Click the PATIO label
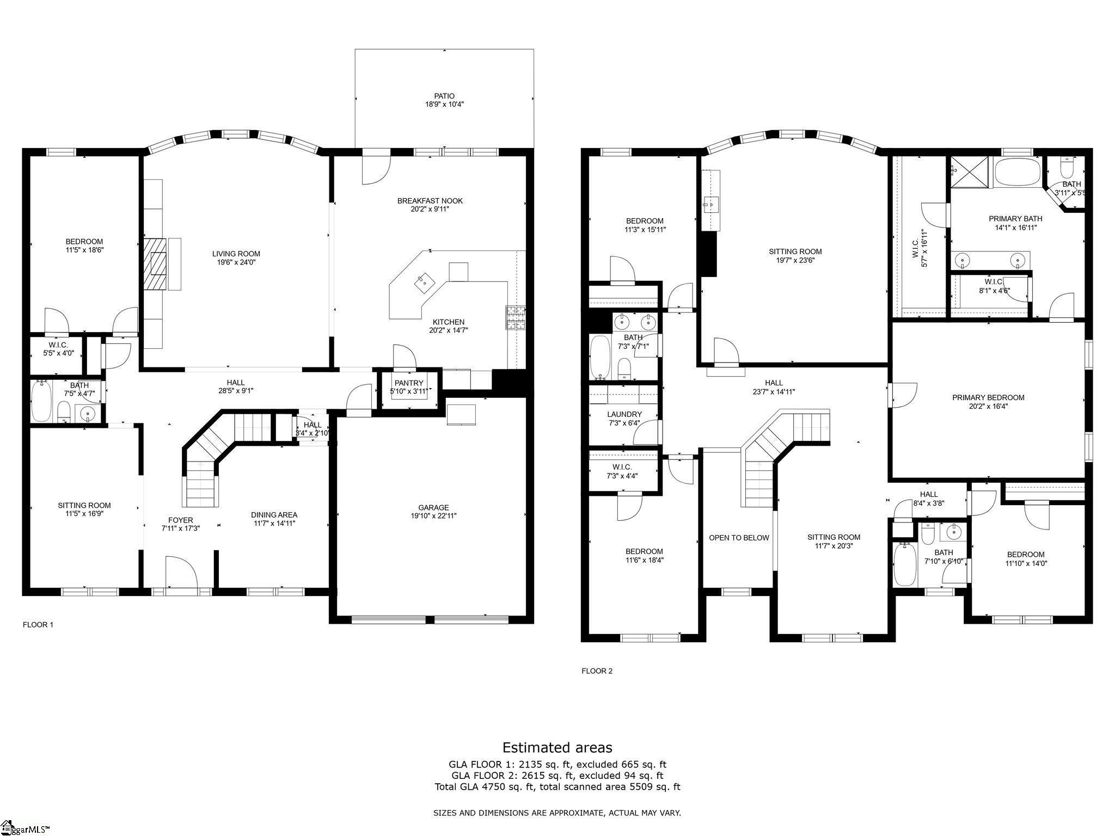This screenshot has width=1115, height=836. pyautogui.click(x=444, y=96)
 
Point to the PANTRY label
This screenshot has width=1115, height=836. pyautogui.click(x=409, y=383)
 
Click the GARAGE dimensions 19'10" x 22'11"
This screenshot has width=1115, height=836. pyautogui.click(x=433, y=515)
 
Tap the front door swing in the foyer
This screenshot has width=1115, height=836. pyautogui.click(x=180, y=571)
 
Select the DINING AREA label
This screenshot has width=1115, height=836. pyautogui.click(x=274, y=515)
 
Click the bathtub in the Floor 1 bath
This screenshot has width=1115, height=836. pyautogui.click(x=41, y=401)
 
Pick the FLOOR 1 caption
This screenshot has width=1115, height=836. pyautogui.click(x=38, y=625)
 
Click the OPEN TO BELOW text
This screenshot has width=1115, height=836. pyautogui.click(x=739, y=538)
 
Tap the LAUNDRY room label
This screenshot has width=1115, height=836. pyautogui.click(x=624, y=414)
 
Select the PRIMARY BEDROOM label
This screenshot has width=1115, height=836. pyautogui.click(x=988, y=397)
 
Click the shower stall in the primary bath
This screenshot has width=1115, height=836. pyautogui.click(x=969, y=171)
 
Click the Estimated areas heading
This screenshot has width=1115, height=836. pyautogui.click(x=557, y=747)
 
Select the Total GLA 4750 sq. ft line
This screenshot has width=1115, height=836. pyautogui.click(x=557, y=786)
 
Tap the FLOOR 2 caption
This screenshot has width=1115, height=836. pyautogui.click(x=597, y=671)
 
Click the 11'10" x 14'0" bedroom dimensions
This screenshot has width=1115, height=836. pyautogui.click(x=1026, y=563)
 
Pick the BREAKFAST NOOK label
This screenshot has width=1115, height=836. pyautogui.click(x=430, y=201)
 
